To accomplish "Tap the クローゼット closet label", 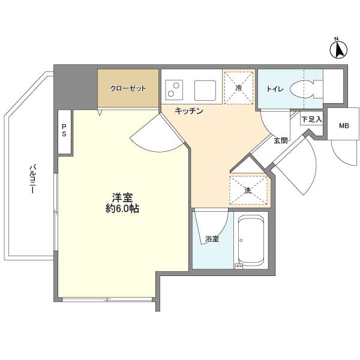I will pos(128,89).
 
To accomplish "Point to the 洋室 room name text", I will pos(122,197).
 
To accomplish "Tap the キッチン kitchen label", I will pos(189,111).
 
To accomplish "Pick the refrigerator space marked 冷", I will pos(239,88).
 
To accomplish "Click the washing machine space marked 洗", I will pos(247,190).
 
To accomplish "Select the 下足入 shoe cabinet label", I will pos(312,119).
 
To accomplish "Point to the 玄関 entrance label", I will pos(281,141).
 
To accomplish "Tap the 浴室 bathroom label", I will pos(211,239).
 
